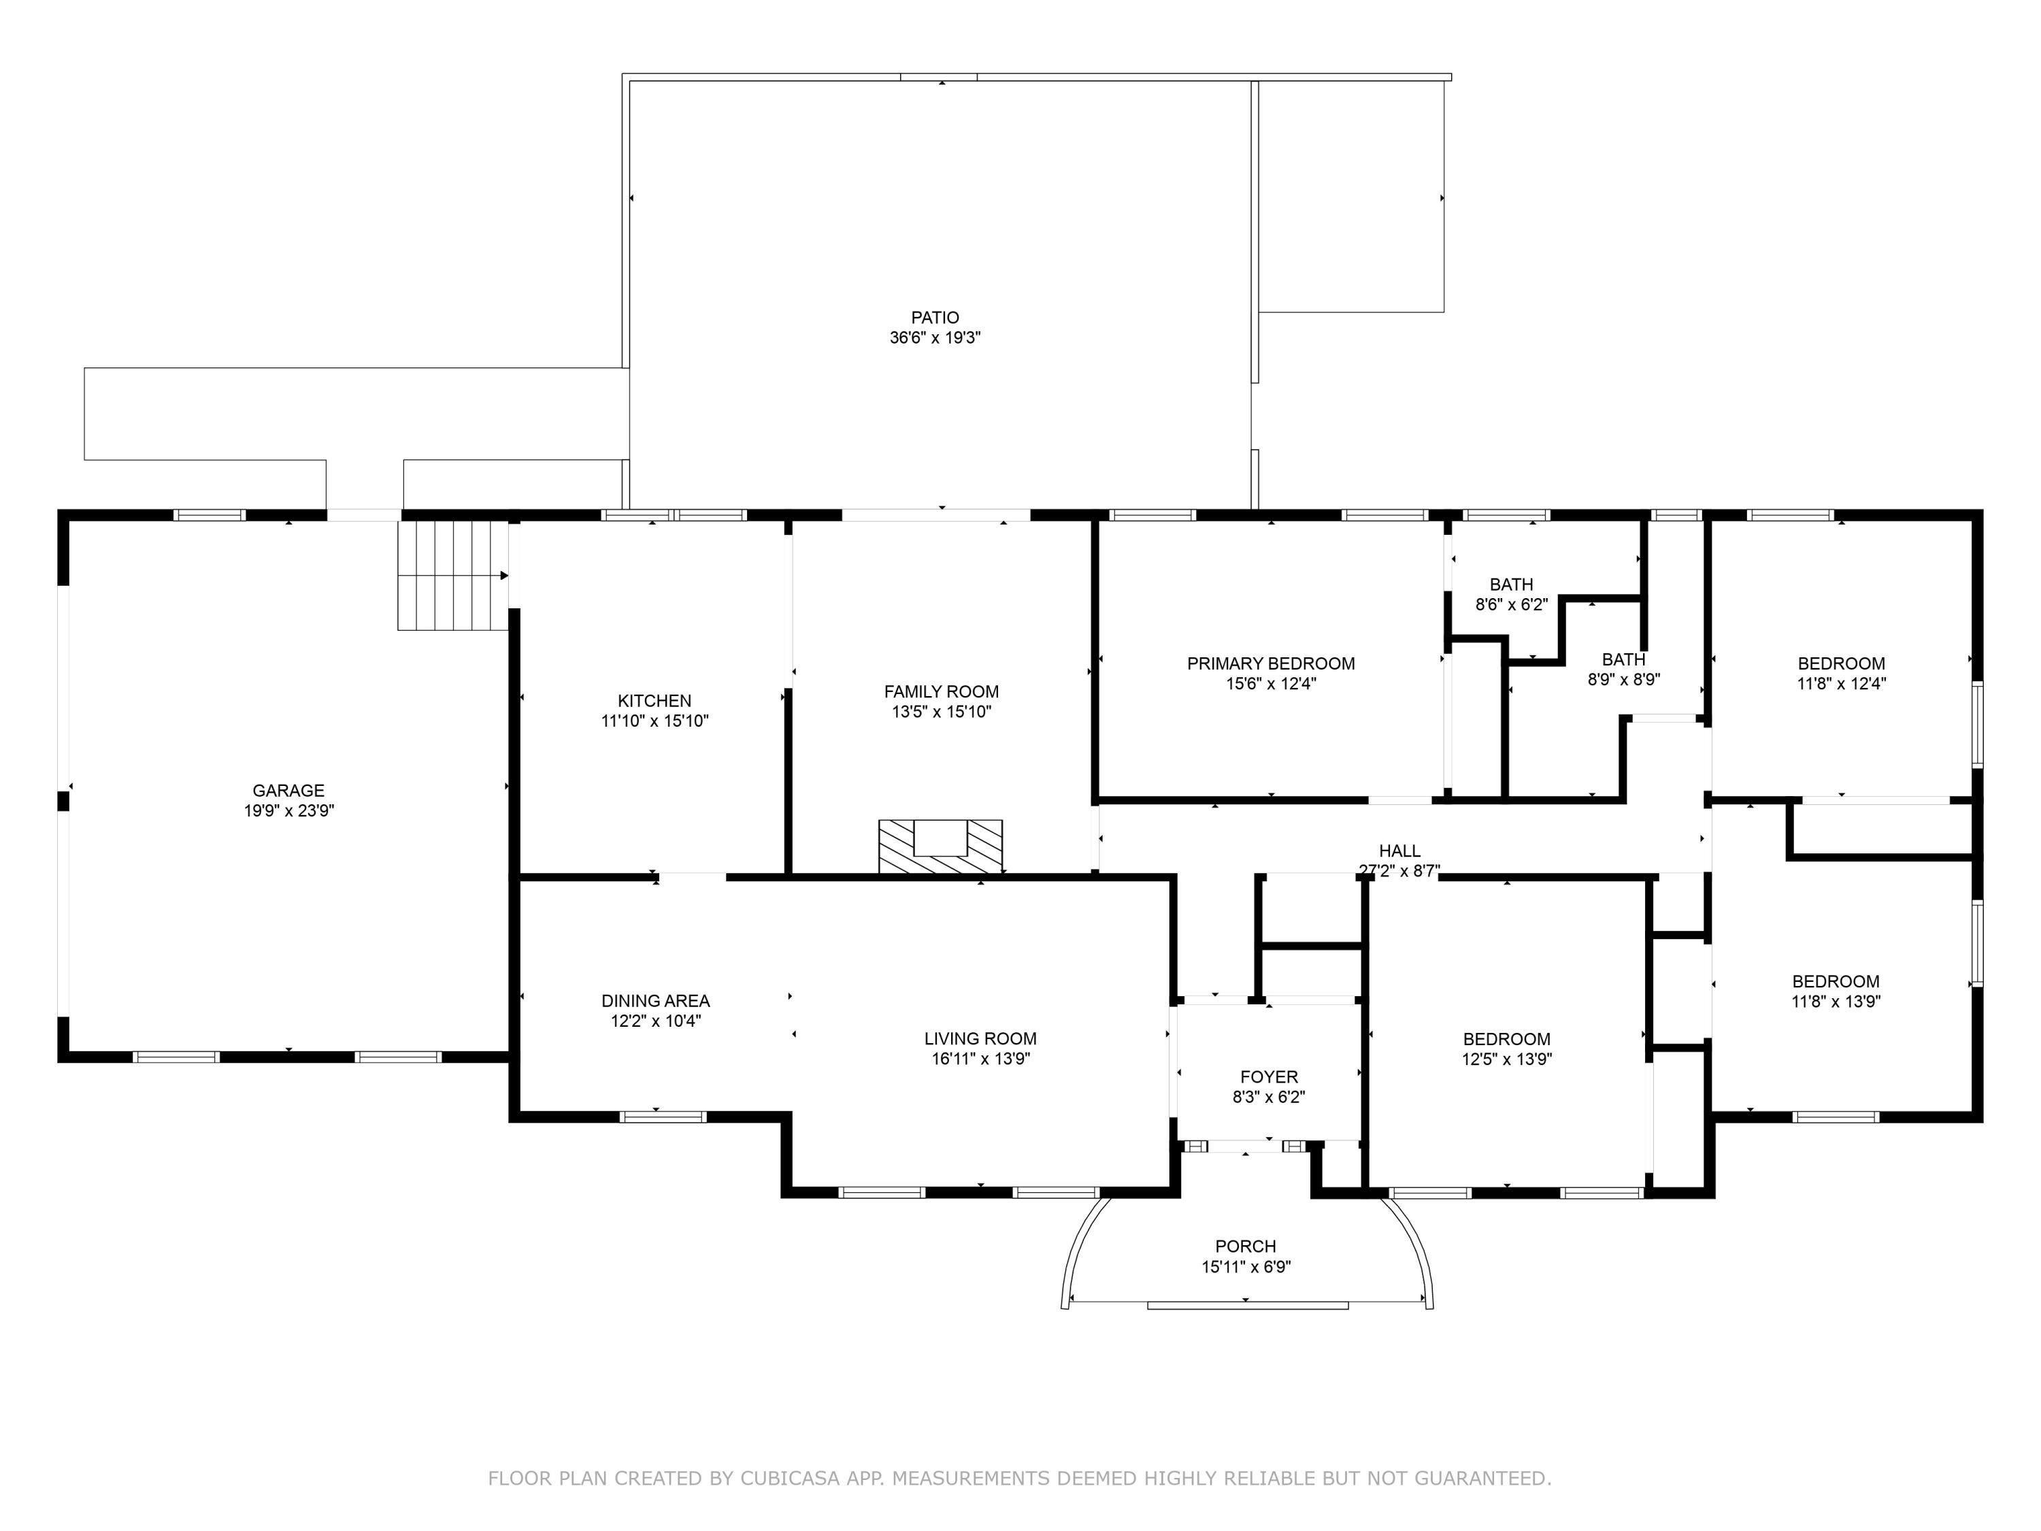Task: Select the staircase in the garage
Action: tap(452, 576)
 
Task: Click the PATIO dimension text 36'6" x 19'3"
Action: tap(935, 338)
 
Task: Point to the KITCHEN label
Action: tap(654, 700)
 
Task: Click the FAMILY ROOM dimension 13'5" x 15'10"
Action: tap(941, 712)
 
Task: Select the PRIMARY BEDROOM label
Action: tap(1271, 663)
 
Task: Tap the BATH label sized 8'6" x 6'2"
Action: tap(1512, 584)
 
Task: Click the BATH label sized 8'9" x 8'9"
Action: tap(1623, 660)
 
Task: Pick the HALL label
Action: tap(1399, 851)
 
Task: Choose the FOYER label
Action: tap(1269, 1077)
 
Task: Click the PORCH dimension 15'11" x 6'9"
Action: tap(1246, 1267)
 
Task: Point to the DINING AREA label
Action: tap(655, 1000)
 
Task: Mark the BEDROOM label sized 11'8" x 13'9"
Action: tap(1836, 982)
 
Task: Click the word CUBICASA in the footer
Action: tap(789, 1479)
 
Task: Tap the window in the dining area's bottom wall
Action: tap(663, 1117)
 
